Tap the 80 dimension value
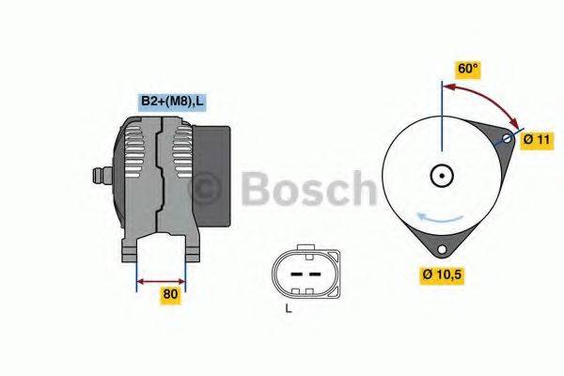tap(170, 294)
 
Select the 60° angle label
tap(468, 69)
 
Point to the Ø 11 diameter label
tap(536, 139)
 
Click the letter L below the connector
tap(289, 309)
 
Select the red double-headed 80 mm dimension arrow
tap(162, 280)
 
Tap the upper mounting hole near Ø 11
tap(508, 140)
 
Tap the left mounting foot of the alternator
tap(131, 249)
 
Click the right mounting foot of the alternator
tap(192, 249)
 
